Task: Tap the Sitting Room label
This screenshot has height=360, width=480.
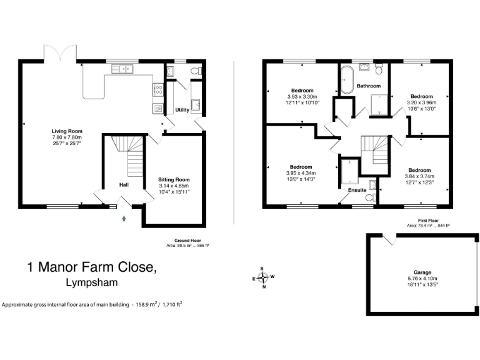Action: (173, 179)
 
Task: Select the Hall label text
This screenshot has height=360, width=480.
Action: (124, 184)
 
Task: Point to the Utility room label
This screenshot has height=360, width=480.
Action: (182, 109)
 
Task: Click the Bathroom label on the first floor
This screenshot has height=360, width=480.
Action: (368, 86)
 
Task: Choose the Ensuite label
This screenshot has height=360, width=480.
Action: (357, 189)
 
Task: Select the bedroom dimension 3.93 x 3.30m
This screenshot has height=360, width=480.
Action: (302, 97)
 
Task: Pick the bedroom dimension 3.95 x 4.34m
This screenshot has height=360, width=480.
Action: (301, 173)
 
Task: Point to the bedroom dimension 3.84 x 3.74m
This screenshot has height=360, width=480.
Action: (419, 176)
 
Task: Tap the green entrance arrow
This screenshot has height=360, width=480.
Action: (123, 217)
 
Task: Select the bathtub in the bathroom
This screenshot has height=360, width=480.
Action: (346, 81)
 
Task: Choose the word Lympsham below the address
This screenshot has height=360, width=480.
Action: (90, 282)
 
